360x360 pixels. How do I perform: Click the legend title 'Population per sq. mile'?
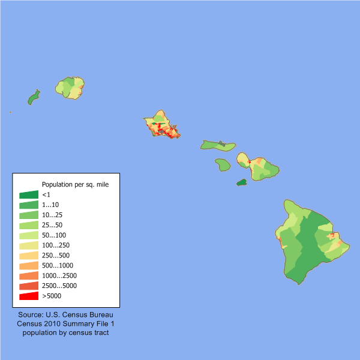[75, 184]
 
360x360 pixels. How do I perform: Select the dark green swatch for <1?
[29, 194]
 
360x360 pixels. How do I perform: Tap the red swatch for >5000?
[29, 296]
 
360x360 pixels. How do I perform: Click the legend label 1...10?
[52, 205]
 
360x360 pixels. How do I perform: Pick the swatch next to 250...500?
[29, 256]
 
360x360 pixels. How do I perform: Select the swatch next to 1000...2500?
[29, 275]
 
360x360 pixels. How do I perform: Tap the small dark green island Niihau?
[34, 98]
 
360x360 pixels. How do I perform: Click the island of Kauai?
[71, 88]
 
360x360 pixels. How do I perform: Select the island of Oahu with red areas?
[161, 124]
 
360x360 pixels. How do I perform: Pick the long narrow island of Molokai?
[217, 145]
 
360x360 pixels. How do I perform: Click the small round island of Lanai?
[223, 164]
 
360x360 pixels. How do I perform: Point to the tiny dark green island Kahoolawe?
[242, 182]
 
